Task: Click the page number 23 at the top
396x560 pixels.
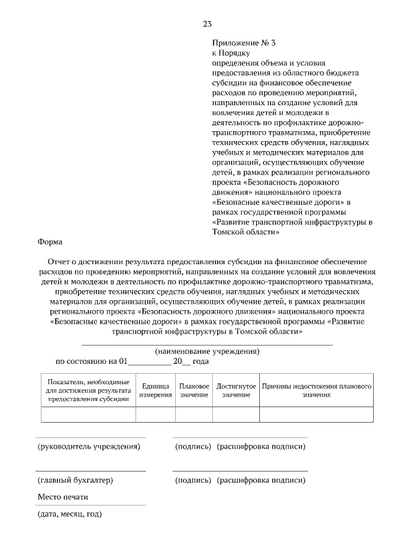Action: (207, 24)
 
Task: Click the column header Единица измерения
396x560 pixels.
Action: (155, 390)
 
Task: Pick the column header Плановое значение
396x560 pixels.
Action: (194, 390)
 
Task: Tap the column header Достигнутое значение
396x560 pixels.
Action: (236, 390)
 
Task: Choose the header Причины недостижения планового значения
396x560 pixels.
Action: (316, 390)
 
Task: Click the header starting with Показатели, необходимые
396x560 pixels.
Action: (88, 390)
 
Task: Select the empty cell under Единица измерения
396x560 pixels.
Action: (155, 414)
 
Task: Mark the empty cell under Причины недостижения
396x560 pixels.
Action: (316, 414)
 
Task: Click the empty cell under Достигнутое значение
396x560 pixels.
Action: (236, 414)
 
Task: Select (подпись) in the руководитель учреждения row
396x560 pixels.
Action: (193, 446)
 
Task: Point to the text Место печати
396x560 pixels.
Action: (63, 497)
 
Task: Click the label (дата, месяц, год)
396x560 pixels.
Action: (69, 514)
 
